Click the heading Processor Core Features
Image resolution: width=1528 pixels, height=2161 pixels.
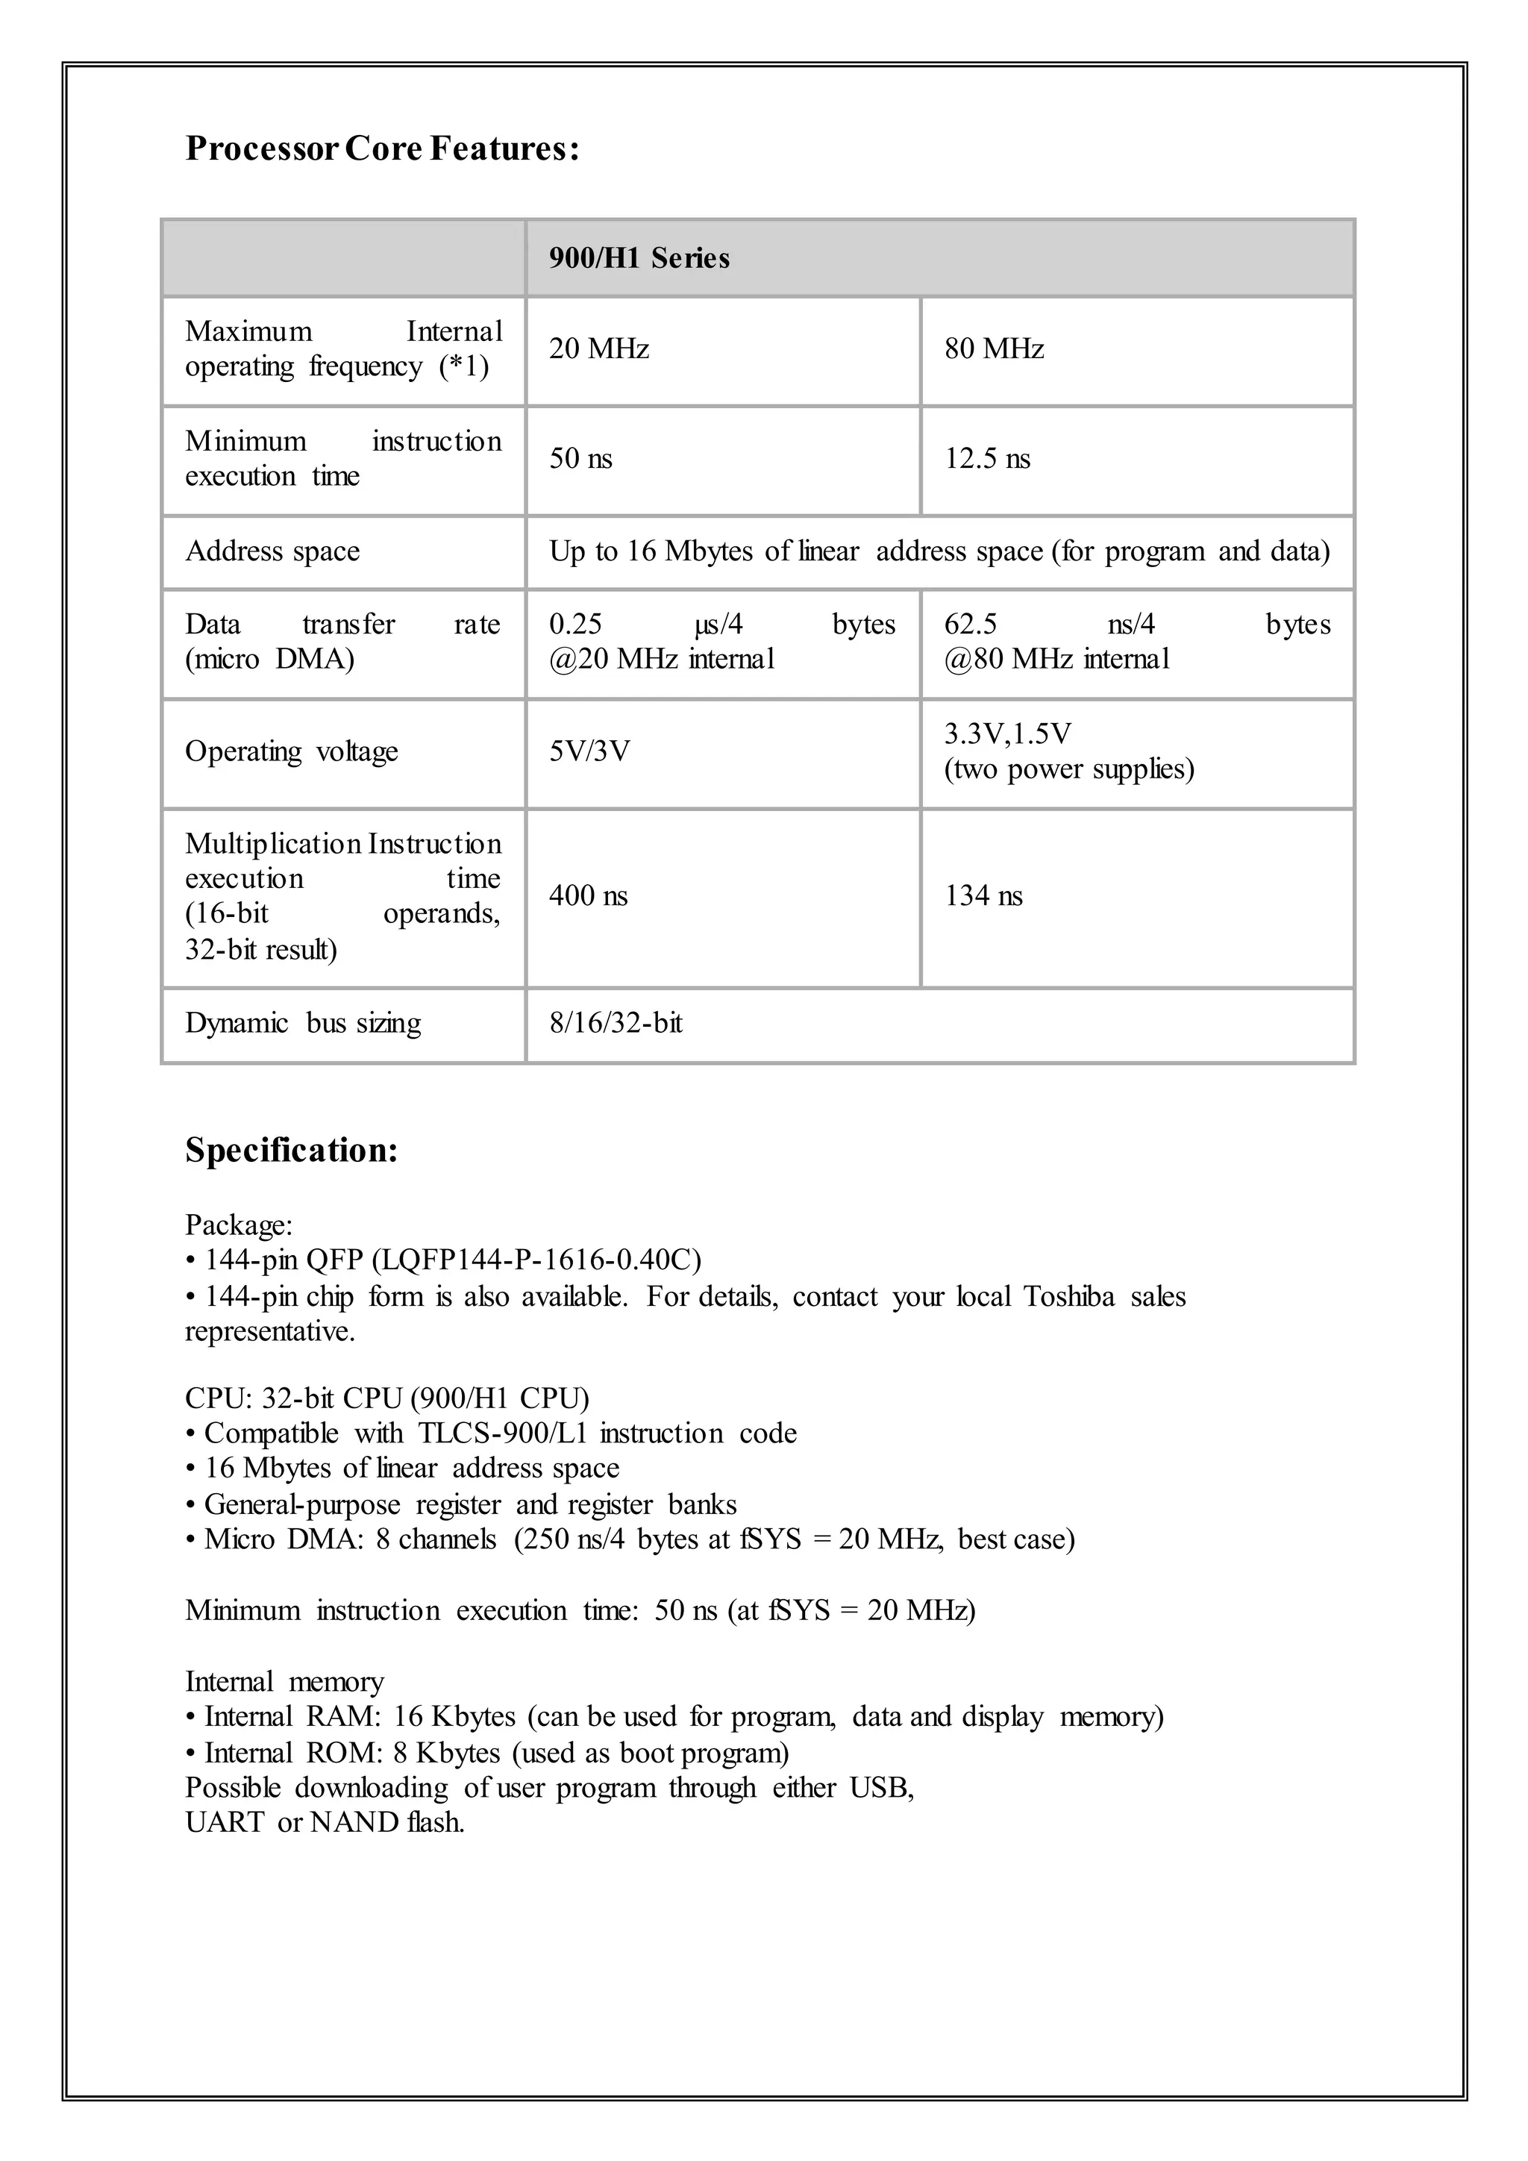point(382,148)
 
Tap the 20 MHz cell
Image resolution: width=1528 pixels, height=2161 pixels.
point(599,349)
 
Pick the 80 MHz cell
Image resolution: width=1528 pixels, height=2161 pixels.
point(995,349)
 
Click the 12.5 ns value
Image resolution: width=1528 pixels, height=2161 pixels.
point(987,460)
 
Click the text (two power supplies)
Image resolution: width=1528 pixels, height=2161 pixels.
point(1069,770)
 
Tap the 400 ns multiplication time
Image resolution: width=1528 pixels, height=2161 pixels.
point(588,895)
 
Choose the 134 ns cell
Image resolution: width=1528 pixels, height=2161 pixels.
point(983,895)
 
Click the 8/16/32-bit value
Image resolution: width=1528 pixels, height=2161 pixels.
point(616,1023)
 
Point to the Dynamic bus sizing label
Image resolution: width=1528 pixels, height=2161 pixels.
point(302,1023)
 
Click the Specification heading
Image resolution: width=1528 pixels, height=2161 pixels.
point(292,1150)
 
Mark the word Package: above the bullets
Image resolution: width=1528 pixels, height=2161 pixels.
point(239,1225)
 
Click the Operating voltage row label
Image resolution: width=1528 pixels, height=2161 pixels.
point(291,751)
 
